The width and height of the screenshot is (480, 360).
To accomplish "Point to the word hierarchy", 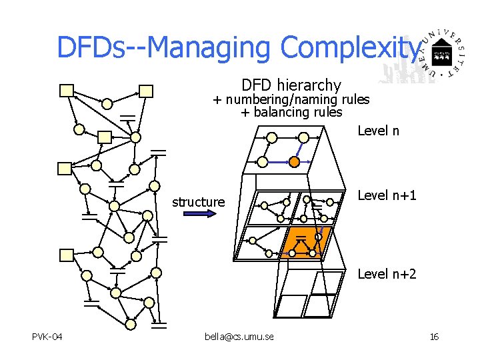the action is [309, 85].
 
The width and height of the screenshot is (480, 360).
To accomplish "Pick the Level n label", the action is [378, 131].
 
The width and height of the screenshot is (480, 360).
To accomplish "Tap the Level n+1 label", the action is [387, 195].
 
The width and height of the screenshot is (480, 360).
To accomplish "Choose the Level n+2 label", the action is [387, 273].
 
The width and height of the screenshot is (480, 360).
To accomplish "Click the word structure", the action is [199, 201].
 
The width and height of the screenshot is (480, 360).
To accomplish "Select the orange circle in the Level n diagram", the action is [294, 161].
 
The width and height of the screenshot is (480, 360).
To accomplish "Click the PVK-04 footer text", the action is [47, 337].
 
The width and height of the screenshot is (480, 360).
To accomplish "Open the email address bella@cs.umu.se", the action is [239, 337].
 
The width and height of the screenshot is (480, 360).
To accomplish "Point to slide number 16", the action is [434, 337].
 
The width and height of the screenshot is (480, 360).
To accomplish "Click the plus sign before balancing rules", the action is [245, 112].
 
